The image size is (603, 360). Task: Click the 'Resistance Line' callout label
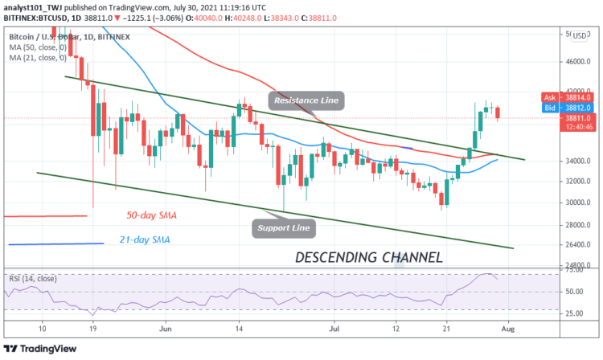pyautogui.click(x=306, y=100)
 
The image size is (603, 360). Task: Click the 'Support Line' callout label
pyautogui.click(x=285, y=227)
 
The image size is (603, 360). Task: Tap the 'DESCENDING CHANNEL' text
pyautogui.click(x=368, y=258)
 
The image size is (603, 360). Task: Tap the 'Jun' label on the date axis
pyautogui.click(x=166, y=329)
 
